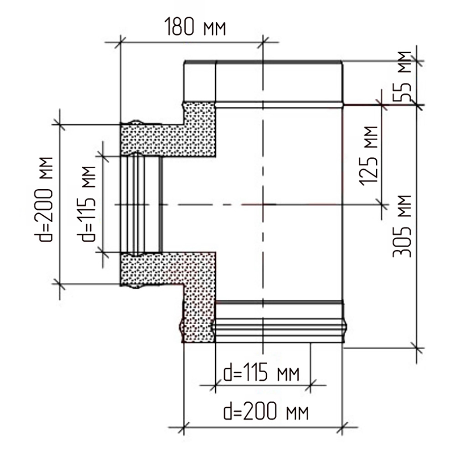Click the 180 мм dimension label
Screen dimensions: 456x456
pos(195,27)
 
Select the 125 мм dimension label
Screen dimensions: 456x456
pos(369,156)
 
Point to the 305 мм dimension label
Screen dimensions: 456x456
pos(402,226)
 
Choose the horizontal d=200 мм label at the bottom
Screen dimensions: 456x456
pos(266,411)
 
